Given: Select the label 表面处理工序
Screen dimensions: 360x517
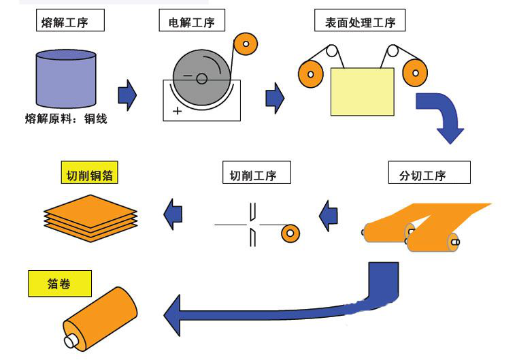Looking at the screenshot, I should coord(360,22).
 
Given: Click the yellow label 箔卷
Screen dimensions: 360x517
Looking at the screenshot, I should coord(59,284).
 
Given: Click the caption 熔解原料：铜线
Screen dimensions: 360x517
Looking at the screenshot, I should coord(66,119).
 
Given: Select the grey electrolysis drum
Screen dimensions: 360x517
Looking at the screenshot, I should coord(201,78).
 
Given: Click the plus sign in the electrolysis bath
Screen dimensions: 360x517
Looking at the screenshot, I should coord(178,111).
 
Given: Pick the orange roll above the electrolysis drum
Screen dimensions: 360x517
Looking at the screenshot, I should coord(245,46).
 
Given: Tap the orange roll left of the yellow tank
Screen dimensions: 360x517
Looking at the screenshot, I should coord(311,72).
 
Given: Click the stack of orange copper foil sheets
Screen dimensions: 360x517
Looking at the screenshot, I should coord(91,214).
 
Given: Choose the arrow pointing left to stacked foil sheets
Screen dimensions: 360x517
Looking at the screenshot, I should coord(174,215).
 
